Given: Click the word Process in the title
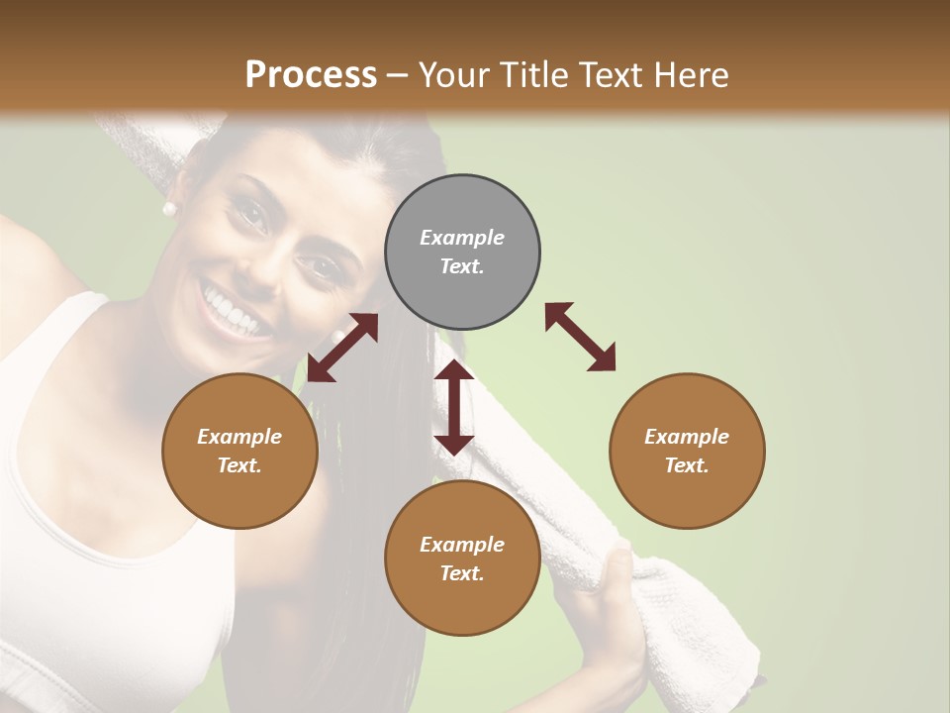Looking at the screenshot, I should pos(311,74).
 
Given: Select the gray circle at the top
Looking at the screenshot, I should pos(462,253).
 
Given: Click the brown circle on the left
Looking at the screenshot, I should pos(239,451).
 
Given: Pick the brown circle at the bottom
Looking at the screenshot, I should pos(462,559).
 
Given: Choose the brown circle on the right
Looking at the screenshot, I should pos(687,451).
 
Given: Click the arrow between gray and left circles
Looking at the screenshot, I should pos(342,348).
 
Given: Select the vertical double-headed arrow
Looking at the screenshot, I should pos(454,407).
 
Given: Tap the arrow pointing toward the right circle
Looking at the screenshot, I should pos(581,338).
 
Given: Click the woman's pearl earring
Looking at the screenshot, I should pos(168,209).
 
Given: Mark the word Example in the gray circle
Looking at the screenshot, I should pos(462,238).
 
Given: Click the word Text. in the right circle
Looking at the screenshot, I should pos(687,465).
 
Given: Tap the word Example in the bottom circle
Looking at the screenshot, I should pos(462,545).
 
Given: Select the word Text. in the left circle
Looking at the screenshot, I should pos(239,465).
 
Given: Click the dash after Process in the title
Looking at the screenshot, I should pos(398,75).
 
